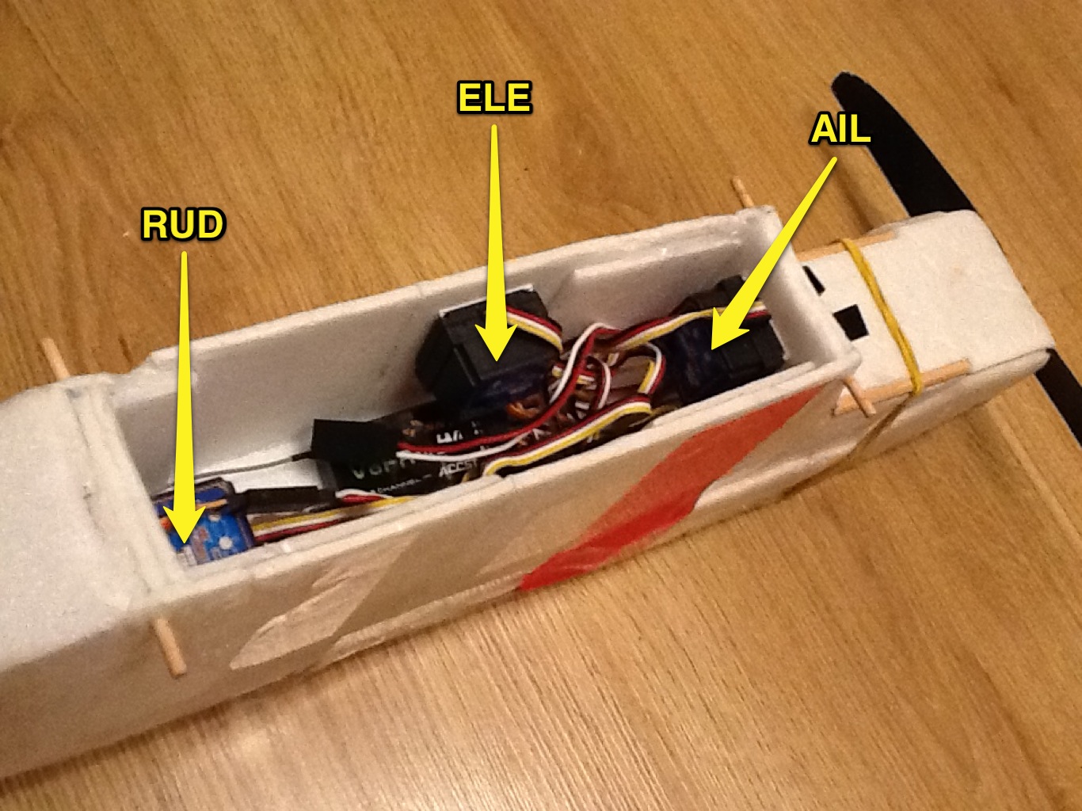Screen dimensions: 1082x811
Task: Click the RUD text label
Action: [182, 226]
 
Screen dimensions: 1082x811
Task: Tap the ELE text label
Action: [494, 98]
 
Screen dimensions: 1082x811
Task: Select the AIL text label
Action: [839, 129]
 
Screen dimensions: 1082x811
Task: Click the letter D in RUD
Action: [208, 226]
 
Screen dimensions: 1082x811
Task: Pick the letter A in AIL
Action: [821, 129]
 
